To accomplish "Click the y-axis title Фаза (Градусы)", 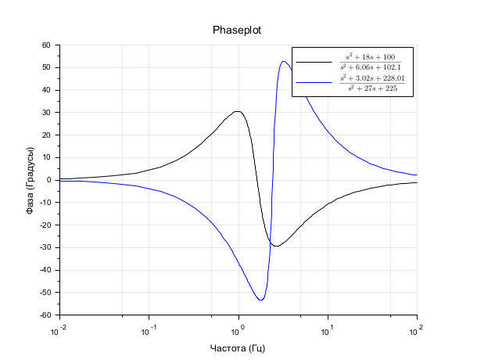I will (x=30, y=181).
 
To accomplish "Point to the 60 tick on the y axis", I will (x=46, y=45).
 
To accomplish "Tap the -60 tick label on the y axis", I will (x=45, y=315).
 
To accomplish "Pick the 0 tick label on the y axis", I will (x=48, y=180).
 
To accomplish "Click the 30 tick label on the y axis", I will (x=46, y=113).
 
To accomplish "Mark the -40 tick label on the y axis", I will (x=45, y=270).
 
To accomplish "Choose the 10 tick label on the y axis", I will (x=46, y=157).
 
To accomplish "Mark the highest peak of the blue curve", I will (x=283, y=61).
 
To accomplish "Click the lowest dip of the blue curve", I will (x=260, y=300).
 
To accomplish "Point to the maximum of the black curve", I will (x=237, y=111).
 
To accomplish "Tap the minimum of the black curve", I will (x=275, y=246).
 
